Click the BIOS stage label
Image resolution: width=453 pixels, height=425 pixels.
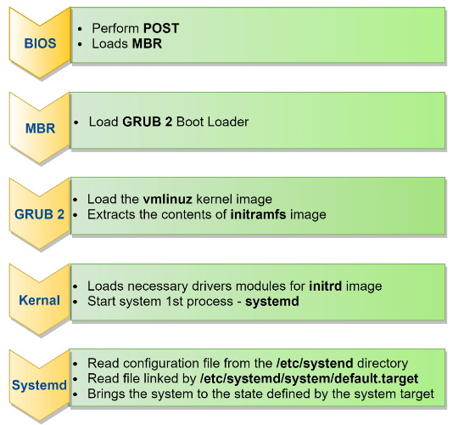tap(39, 42)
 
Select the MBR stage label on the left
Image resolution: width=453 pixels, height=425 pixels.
tap(39, 128)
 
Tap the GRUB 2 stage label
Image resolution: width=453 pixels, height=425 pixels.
tap(39, 214)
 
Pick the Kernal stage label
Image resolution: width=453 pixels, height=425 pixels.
tap(39, 300)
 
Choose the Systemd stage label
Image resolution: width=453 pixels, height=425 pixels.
tap(39, 385)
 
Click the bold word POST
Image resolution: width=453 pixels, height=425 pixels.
tap(161, 28)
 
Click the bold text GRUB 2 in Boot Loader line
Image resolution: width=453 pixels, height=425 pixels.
tap(148, 122)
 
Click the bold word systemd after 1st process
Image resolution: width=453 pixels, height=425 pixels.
tap(272, 301)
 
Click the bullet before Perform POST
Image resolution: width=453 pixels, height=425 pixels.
tap(80, 28)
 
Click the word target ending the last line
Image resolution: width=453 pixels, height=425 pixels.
tap(416, 393)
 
